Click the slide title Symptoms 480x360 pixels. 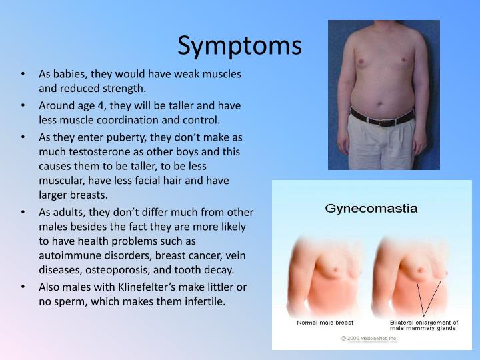click(x=239, y=45)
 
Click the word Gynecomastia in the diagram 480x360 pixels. click(x=371, y=208)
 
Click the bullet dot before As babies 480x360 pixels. click(x=24, y=74)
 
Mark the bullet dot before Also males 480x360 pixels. click(x=24, y=287)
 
